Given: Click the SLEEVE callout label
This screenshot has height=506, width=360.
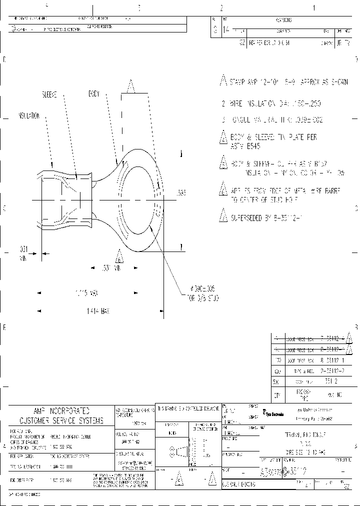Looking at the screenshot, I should pos(49,94).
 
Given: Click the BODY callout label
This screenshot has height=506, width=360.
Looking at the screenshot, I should pos(94,93).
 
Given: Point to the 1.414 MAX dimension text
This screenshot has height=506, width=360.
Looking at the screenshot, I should pos(97,310).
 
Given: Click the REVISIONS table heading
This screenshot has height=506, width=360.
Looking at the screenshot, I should pos(283,20).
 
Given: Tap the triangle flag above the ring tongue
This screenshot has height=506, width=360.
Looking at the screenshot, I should pos(131,87).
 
